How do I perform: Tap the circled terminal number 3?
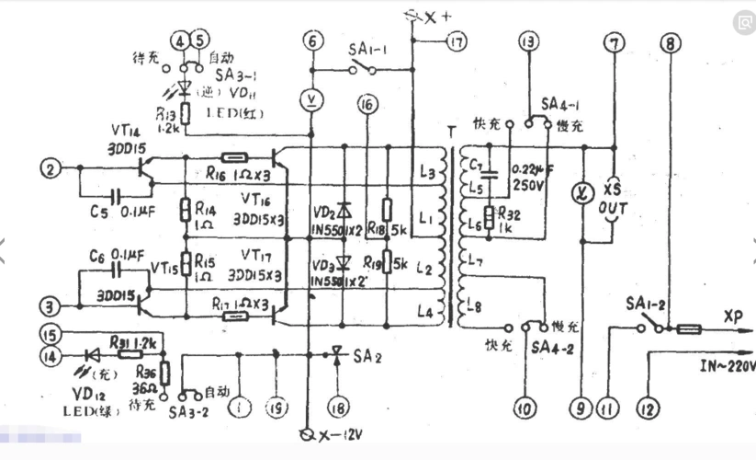pyautogui.click(x=47, y=305)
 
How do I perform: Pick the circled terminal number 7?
pyautogui.click(x=613, y=40)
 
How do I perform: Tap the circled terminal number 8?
pyautogui.click(x=671, y=41)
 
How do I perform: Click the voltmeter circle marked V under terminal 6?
pyautogui.click(x=313, y=98)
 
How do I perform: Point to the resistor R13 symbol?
pyautogui.click(x=186, y=112)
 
